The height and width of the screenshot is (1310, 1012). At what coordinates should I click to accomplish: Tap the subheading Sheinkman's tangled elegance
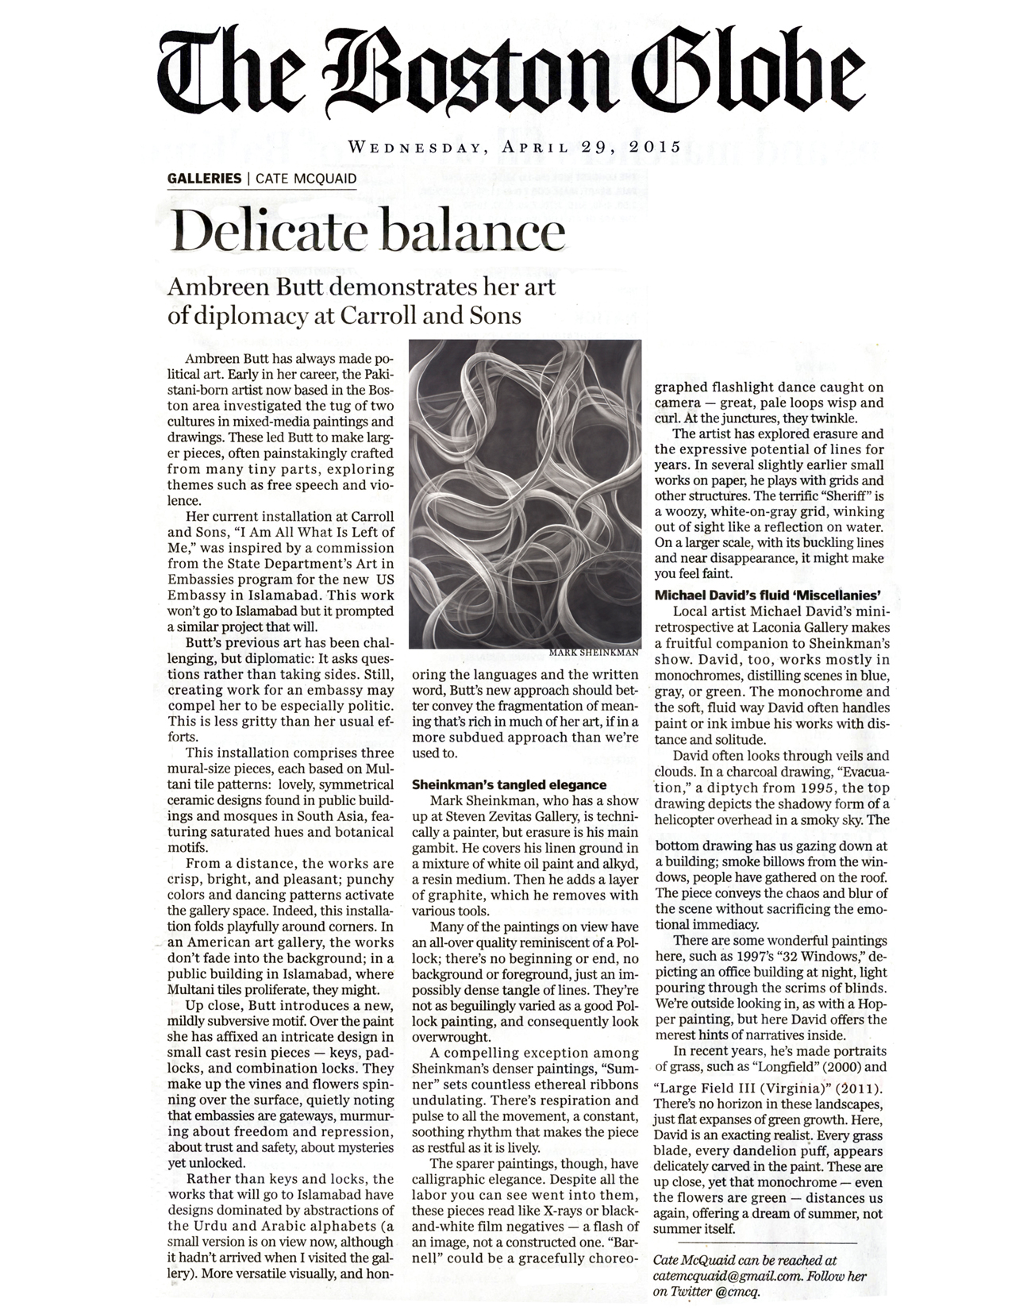(x=509, y=784)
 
